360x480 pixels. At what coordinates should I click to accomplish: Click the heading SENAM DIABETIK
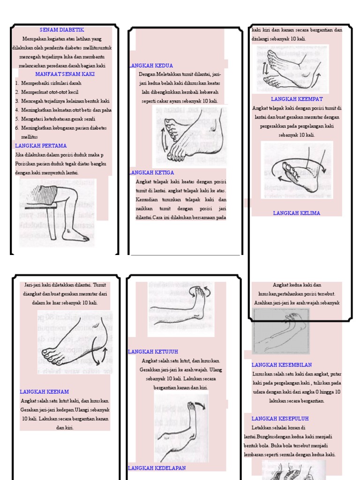(x=62, y=30)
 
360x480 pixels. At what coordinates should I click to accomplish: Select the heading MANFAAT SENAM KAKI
(x=65, y=75)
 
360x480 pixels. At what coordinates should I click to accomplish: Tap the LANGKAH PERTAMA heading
(x=41, y=146)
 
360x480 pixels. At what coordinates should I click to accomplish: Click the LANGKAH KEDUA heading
(x=150, y=66)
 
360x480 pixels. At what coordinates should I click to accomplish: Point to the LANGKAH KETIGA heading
(x=151, y=172)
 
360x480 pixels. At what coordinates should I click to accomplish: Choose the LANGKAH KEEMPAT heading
(x=297, y=99)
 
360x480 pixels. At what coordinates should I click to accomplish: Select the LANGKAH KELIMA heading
(x=297, y=213)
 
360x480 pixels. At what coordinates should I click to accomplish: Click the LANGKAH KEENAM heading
(x=45, y=392)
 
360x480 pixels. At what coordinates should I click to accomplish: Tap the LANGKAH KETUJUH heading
(x=153, y=352)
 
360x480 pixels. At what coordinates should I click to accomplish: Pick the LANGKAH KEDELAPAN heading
(x=157, y=468)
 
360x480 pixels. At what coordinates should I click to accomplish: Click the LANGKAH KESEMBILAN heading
(x=282, y=365)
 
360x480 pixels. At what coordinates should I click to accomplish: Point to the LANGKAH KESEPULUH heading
(x=280, y=419)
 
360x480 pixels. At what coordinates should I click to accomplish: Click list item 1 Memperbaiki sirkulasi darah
(x=52, y=83)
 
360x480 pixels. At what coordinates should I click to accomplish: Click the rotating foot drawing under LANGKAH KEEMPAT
(x=296, y=170)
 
